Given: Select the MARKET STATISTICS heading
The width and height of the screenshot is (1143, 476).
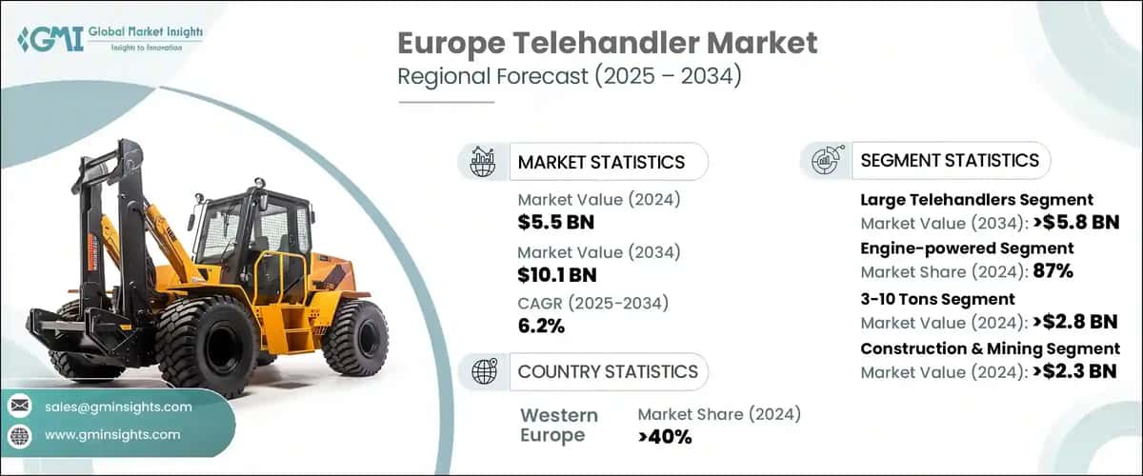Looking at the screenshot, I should point(601,162).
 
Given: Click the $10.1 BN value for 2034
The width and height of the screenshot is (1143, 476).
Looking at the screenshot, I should point(557,274).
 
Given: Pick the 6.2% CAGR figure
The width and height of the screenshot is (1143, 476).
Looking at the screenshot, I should point(541,326).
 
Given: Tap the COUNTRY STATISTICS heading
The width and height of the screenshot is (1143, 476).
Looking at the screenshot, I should point(608,371).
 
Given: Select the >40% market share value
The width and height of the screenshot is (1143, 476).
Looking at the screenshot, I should point(665,437).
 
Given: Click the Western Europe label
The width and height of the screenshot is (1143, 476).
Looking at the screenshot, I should point(559,426).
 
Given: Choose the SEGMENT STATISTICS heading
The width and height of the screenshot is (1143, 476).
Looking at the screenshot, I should point(950,160).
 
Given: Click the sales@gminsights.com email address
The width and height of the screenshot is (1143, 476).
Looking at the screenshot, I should point(118,407).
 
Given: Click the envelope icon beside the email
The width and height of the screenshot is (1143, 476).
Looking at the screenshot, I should point(19,407).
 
